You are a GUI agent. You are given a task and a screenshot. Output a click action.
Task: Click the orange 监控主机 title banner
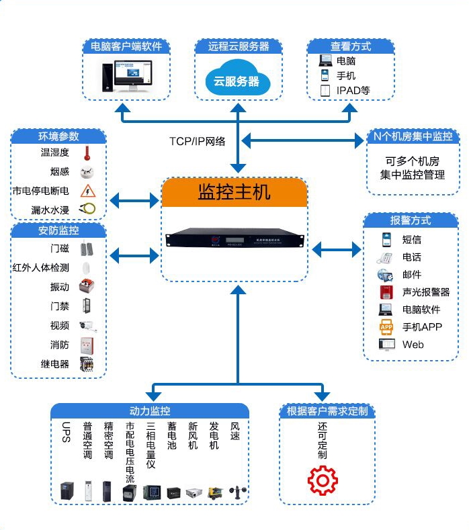234,192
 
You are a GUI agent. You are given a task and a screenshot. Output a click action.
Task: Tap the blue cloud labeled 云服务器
237,79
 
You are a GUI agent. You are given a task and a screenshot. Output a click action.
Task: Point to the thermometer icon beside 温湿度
87,153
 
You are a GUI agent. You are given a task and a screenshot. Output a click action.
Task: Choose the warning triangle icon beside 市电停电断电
87,191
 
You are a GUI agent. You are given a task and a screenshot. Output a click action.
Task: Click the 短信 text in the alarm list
412,239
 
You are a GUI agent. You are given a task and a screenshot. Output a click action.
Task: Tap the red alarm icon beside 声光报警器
386,292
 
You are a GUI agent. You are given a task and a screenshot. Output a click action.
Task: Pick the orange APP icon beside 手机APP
386,327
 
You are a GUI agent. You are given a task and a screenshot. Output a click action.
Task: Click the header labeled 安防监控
59,230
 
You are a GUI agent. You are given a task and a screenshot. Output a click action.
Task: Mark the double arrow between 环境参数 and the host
134,200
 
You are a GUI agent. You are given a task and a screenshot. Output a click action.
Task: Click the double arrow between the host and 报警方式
337,250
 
